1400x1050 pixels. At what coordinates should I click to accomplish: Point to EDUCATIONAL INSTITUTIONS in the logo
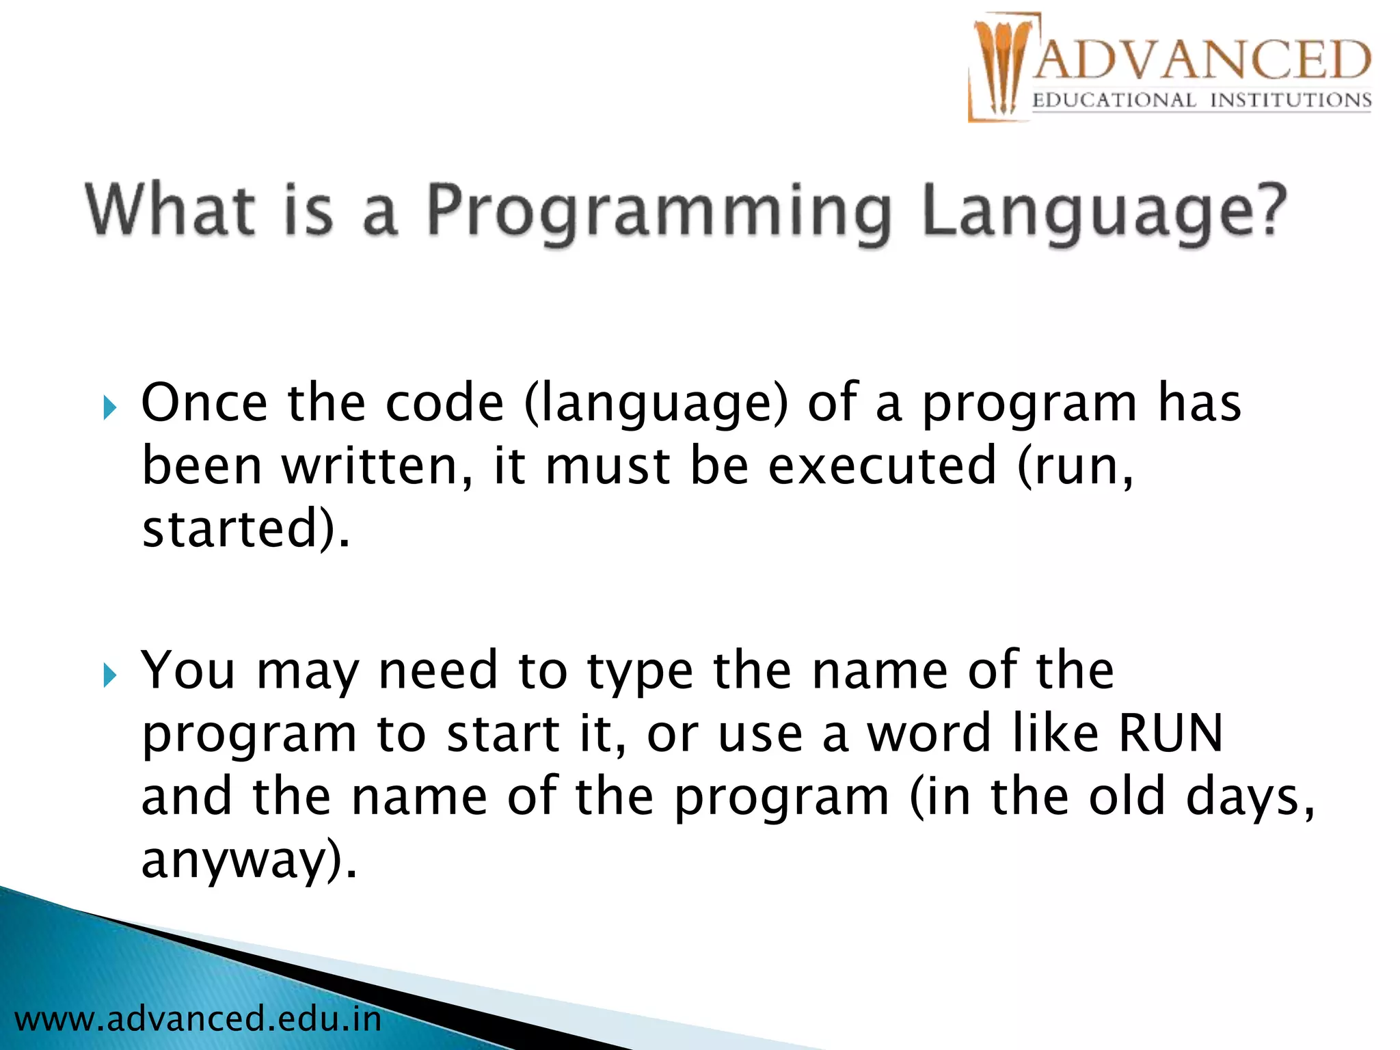1202,100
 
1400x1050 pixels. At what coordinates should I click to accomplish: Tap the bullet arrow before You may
109,676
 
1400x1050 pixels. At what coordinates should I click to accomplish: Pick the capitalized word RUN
1170,733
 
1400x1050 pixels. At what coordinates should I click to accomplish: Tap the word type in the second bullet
640,672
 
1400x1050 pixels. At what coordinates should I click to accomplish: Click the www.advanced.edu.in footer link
198,1019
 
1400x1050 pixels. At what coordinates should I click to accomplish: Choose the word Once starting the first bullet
204,403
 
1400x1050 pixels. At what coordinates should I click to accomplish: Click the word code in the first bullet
444,403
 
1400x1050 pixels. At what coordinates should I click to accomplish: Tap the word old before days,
1126,796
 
